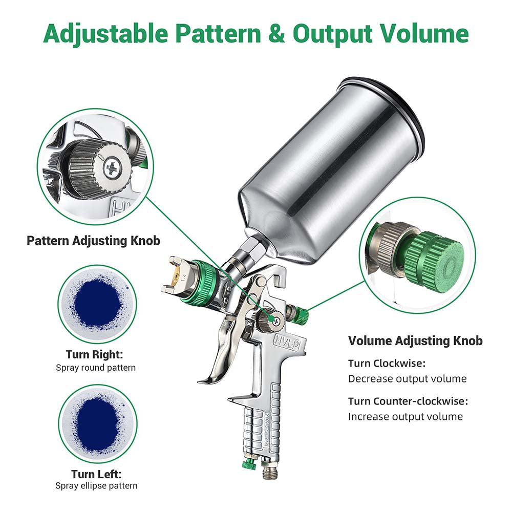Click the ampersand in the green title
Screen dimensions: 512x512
click(276, 34)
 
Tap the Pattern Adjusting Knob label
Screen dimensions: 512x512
click(93, 241)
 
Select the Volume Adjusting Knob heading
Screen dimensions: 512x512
click(415, 340)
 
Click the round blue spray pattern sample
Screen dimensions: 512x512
click(97, 304)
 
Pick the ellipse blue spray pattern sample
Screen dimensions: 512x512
click(98, 423)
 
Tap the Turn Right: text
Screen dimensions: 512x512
click(94, 354)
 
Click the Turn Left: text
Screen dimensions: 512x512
click(96, 474)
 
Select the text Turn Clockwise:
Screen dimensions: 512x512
click(387, 363)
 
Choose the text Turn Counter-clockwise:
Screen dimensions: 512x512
click(408, 401)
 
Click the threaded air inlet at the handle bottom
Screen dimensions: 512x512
click(270, 469)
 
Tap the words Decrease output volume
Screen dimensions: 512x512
click(407, 379)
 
